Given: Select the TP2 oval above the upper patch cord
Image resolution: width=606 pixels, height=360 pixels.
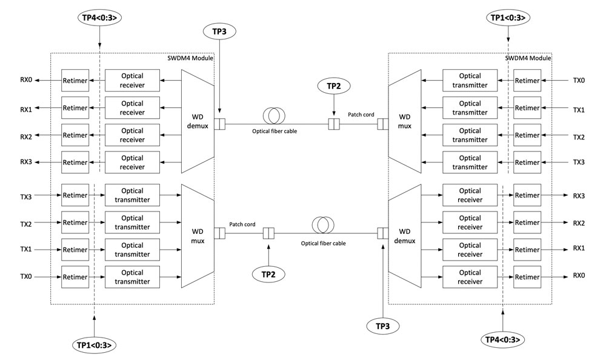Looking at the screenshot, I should (x=334, y=87).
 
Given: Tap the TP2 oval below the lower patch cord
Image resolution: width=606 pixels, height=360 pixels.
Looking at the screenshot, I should (x=269, y=274).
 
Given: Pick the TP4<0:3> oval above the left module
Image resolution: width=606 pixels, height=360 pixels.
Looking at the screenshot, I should (x=100, y=17).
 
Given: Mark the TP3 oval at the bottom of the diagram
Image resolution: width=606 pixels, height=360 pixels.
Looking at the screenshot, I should (x=382, y=326).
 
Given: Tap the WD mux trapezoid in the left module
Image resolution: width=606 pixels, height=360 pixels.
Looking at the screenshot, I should (x=198, y=236).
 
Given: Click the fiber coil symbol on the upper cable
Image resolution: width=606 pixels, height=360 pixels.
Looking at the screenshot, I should (x=275, y=115).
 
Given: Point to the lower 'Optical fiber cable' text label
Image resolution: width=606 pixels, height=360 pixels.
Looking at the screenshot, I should (x=323, y=243).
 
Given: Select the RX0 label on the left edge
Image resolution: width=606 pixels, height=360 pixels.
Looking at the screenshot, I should (x=25, y=80).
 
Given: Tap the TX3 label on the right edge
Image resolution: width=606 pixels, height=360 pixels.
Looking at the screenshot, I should (x=579, y=162).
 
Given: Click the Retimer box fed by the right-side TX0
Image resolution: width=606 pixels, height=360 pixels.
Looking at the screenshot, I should (x=527, y=80).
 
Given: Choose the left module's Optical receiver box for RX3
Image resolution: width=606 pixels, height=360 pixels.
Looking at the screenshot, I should (x=132, y=162).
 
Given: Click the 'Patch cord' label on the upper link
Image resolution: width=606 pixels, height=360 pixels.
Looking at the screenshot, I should (x=361, y=114).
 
